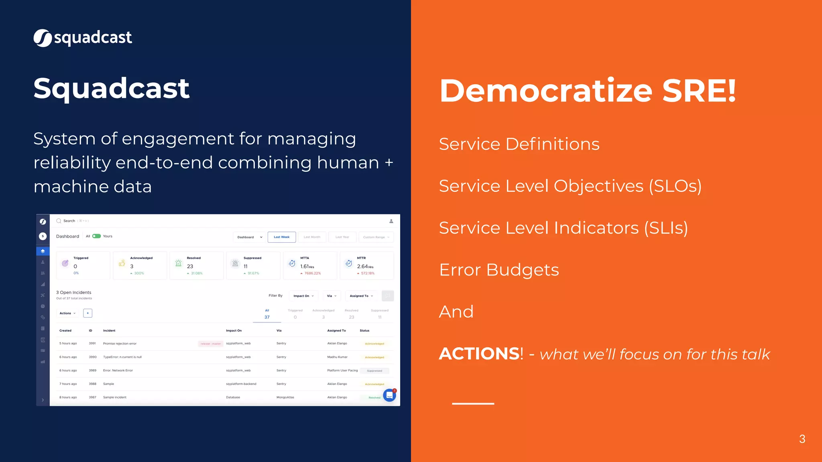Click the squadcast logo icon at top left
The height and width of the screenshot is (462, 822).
tap(43, 38)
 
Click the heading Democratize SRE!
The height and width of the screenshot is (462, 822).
tap(588, 91)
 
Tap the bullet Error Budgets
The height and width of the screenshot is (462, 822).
tap(498, 270)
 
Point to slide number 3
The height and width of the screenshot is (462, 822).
tap(802, 439)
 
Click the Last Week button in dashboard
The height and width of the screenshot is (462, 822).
tap(282, 237)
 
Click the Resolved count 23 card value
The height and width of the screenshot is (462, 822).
tap(190, 267)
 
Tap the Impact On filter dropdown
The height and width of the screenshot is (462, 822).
tap(303, 296)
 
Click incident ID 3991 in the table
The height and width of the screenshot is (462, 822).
tap(92, 344)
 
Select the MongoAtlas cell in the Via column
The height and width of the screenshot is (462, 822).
tap(285, 397)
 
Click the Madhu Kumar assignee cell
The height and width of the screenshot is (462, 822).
tap(337, 357)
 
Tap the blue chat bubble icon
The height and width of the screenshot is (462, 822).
tap(389, 395)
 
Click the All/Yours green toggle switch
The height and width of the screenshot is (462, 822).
tap(96, 236)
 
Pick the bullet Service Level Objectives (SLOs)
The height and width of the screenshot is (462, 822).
tap(570, 186)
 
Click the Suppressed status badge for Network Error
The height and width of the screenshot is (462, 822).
tap(374, 371)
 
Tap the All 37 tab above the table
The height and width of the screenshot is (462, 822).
tap(267, 314)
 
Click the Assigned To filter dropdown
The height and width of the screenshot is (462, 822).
tap(361, 296)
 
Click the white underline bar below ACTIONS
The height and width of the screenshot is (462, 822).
tap(473, 403)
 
